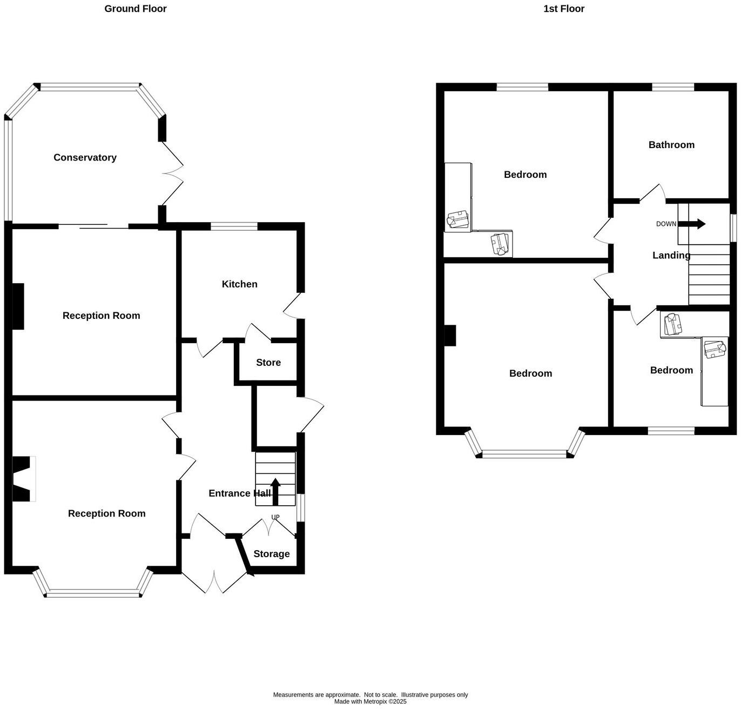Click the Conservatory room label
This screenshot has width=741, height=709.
(85, 158)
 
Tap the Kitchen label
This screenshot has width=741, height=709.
(239, 284)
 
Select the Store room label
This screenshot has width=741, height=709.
(268, 363)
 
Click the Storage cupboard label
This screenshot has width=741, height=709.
(271, 554)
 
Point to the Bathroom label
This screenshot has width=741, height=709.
(671, 145)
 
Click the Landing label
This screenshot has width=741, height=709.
(671, 256)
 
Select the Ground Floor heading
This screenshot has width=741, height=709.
(136, 9)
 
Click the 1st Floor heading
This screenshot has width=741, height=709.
(564, 9)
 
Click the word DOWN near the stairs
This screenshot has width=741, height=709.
(666, 224)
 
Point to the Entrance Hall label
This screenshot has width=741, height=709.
(239, 493)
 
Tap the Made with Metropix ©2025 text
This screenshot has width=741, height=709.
(370, 701)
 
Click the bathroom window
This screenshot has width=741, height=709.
(672, 87)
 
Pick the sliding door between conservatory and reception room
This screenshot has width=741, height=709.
(93, 226)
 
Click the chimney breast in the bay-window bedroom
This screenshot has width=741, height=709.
(450, 335)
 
